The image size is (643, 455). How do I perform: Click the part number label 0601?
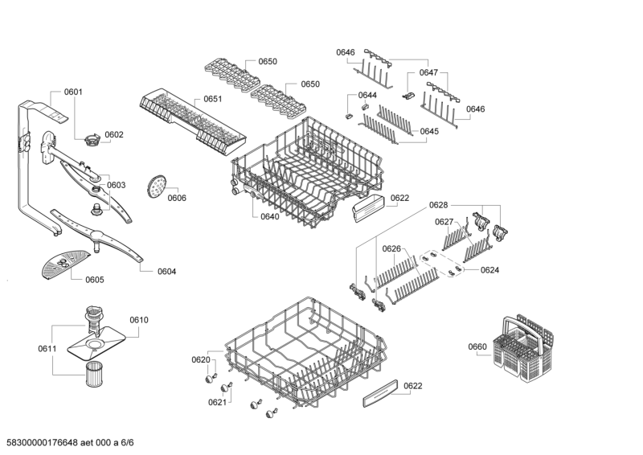coord(73,92)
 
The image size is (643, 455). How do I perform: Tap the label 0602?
coord(114,134)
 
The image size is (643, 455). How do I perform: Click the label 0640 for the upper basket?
coord(270,216)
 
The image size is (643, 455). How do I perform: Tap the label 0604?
coord(166,272)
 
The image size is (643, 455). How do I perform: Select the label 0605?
coord(94,280)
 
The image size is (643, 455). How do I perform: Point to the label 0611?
coord(47,348)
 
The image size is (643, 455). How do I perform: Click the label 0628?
coord(438,206)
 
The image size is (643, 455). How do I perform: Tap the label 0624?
coord(490,270)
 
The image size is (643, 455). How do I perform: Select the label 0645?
coord(429,131)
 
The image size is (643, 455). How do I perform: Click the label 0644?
coord(367,96)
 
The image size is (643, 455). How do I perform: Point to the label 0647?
coord(428,72)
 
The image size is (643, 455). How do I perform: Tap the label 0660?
coord(477,346)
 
